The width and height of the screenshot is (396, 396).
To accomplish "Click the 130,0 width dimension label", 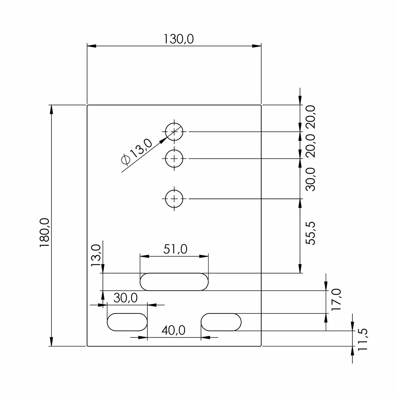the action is click(x=179, y=39).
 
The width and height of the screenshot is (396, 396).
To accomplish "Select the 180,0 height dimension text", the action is click(x=45, y=233).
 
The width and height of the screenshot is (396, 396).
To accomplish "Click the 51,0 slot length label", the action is click(x=175, y=249).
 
